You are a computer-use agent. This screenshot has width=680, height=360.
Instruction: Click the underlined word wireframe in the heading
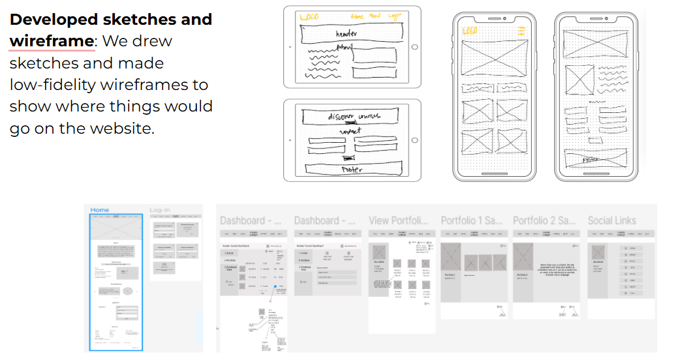click(x=52, y=41)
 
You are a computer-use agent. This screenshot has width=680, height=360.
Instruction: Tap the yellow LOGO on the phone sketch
click(x=470, y=31)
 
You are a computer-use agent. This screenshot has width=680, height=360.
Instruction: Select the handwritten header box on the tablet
click(x=347, y=33)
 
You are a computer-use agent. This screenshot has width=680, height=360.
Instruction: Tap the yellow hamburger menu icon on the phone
click(x=520, y=31)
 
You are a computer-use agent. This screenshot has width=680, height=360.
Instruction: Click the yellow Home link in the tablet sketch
click(x=358, y=16)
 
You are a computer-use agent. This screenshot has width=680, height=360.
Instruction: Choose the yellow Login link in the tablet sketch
click(x=394, y=16)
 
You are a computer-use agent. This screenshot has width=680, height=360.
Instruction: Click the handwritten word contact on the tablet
click(x=350, y=131)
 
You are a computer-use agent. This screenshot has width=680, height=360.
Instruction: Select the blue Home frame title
click(x=100, y=210)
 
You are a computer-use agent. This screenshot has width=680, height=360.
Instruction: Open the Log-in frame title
click(x=160, y=210)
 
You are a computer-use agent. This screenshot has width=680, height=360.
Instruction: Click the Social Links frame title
click(x=611, y=220)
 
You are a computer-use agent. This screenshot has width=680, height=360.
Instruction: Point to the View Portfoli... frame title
click(x=399, y=220)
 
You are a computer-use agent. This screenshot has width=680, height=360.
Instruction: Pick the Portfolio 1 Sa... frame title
click(x=472, y=220)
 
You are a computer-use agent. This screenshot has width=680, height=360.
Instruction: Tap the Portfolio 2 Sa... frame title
click(x=544, y=220)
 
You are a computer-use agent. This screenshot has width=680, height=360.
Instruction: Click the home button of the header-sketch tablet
click(x=414, y=46)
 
